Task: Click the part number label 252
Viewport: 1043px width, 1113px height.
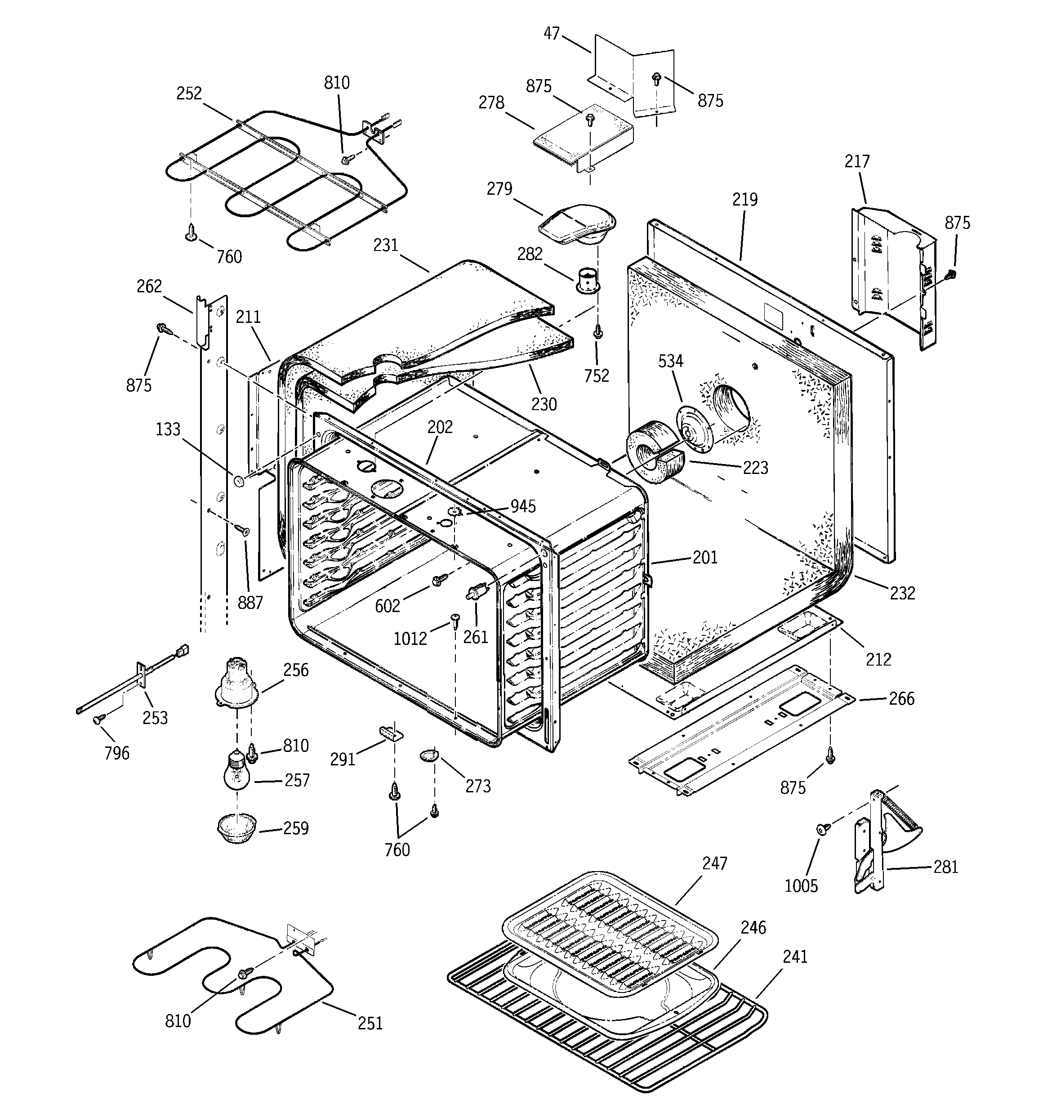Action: click(189, 94)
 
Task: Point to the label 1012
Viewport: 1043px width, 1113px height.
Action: click(410, 638)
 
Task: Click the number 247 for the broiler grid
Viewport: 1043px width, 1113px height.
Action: click(714, 863)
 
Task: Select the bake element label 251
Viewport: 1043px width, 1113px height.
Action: click(370, 1023)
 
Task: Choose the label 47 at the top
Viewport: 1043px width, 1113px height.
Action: click(552, 34)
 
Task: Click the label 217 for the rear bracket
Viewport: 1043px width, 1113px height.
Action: click(857, 162)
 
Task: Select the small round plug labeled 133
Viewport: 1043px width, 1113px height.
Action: click(238, 480)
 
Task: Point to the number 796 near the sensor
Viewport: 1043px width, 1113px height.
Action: click(116, 753)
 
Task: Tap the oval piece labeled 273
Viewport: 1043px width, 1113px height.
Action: click(429, 756)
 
